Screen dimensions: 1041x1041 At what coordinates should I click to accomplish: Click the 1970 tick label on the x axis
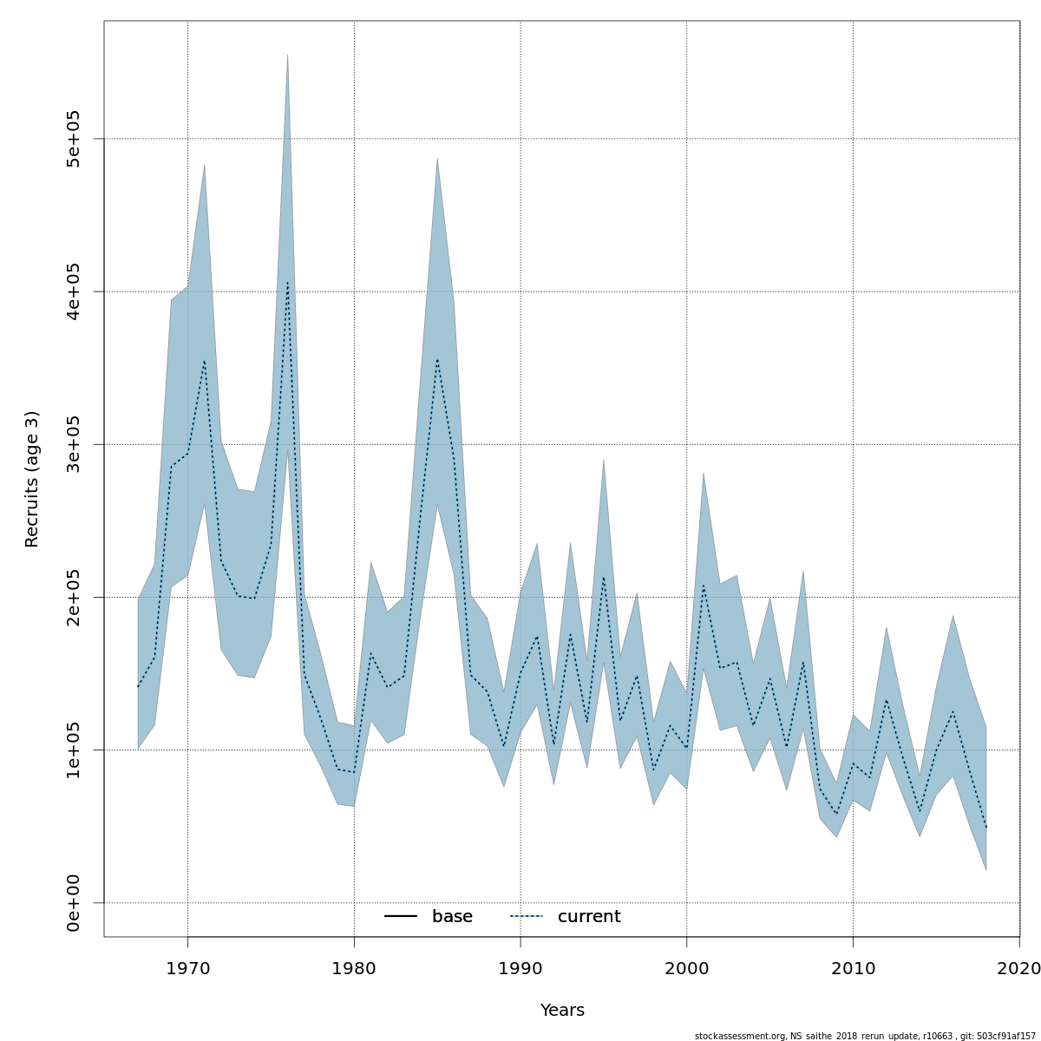point(187,968)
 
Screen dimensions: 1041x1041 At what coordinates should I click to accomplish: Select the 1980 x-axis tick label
point(354,968)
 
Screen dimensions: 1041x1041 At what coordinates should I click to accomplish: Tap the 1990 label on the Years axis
point(520,968)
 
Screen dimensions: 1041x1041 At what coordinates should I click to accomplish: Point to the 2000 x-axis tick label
point(687,968)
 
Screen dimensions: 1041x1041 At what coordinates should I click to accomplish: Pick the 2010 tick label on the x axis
point(853,968)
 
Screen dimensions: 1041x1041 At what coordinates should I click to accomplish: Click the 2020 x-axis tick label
point(1018,968)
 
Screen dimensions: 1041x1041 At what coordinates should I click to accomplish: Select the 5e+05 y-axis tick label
point(74,139)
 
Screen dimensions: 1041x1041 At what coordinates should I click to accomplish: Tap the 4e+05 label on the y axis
point(74,291)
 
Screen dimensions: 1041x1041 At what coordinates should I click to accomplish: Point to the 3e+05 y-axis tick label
point(74,444)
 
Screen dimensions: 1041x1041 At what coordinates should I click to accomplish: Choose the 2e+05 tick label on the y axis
point(74,597)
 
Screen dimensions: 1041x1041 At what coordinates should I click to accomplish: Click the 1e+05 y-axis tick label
point(74,750)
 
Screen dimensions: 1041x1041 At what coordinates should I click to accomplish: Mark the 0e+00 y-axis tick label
point(74,902)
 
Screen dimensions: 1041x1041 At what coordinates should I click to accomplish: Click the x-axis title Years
point(562,1011)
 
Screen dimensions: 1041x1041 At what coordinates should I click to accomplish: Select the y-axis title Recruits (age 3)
point(32,479)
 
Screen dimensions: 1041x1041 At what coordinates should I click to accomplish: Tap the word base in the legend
point(452,917)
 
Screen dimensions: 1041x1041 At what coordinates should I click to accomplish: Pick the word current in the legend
point(589,917)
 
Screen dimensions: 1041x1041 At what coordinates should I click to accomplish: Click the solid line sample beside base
point(401,917)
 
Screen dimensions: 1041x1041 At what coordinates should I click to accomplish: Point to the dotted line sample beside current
point(526,917)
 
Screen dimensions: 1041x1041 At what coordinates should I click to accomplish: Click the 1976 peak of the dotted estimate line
point(287,282)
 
